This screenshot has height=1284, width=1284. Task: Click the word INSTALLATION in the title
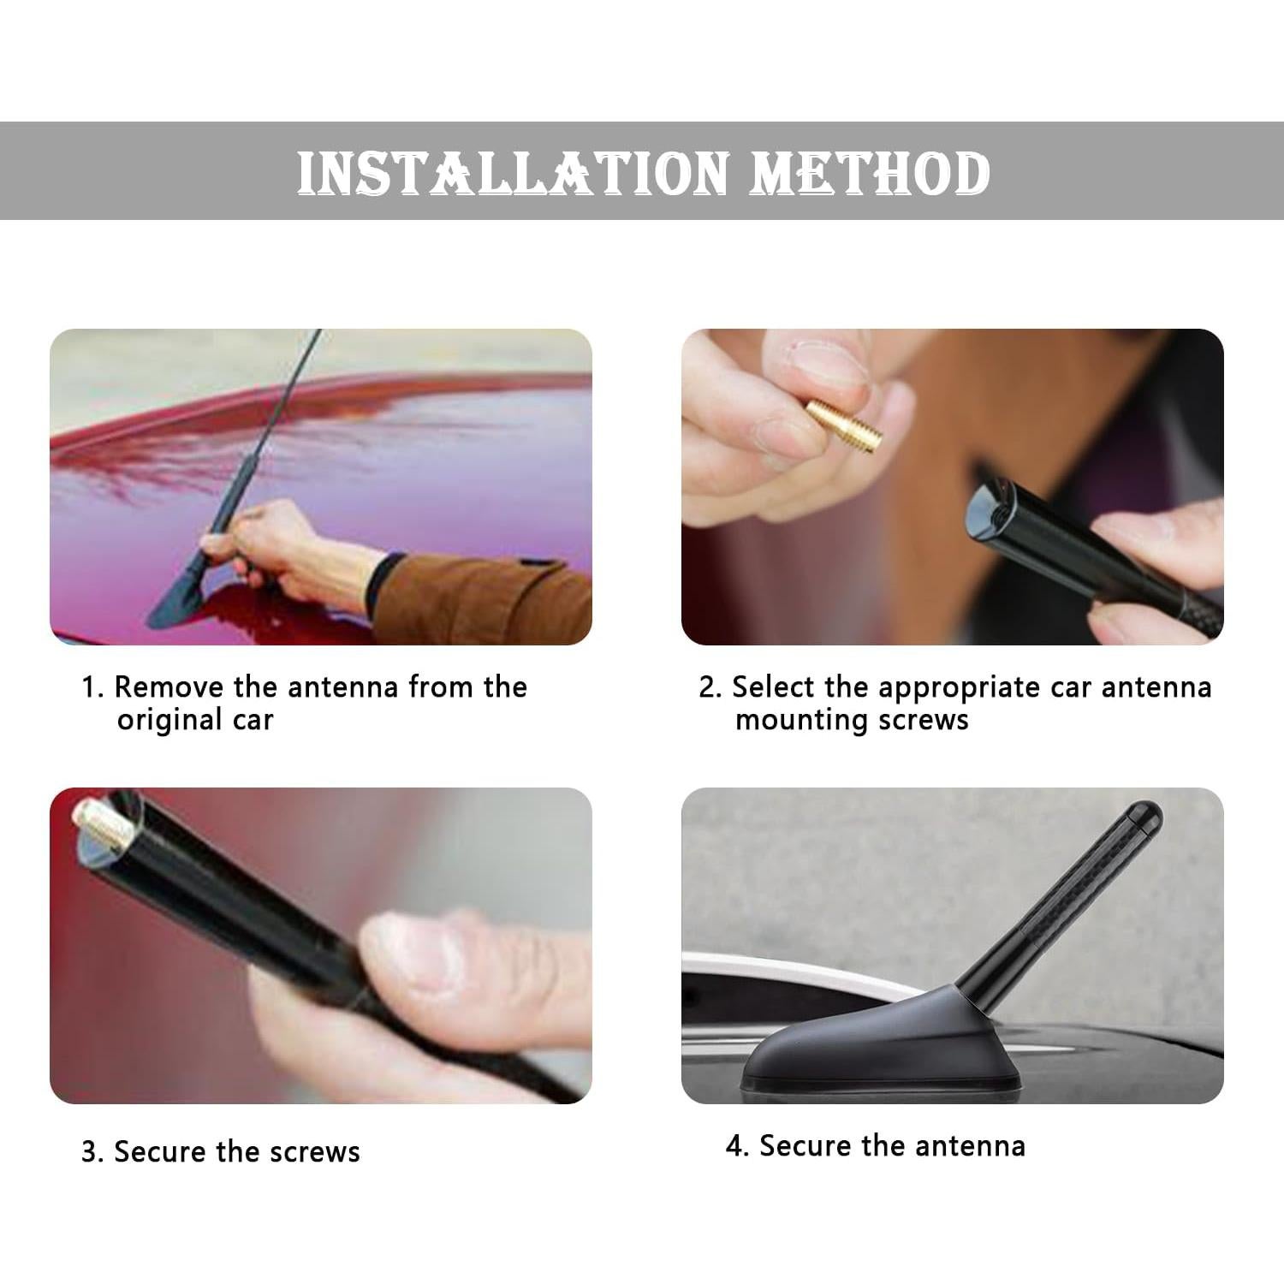(x=513, y=173)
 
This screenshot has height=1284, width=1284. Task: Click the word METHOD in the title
(x=870, y=173)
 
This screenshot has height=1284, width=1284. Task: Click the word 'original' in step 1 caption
(x=171, y=720)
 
